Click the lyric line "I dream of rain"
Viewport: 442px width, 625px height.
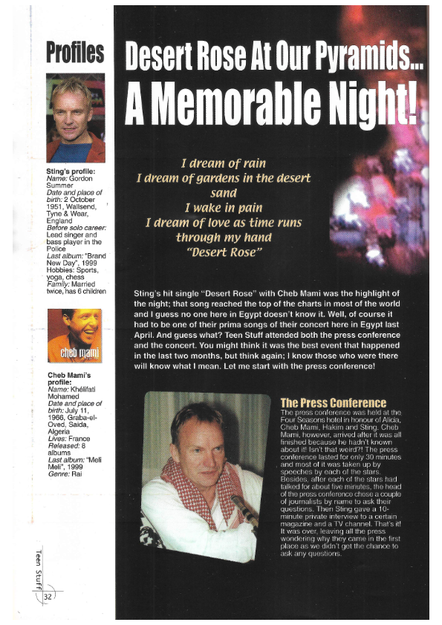(223, 163)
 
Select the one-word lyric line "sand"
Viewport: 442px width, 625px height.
(223, 192)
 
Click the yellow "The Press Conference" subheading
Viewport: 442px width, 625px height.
(333, 402)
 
